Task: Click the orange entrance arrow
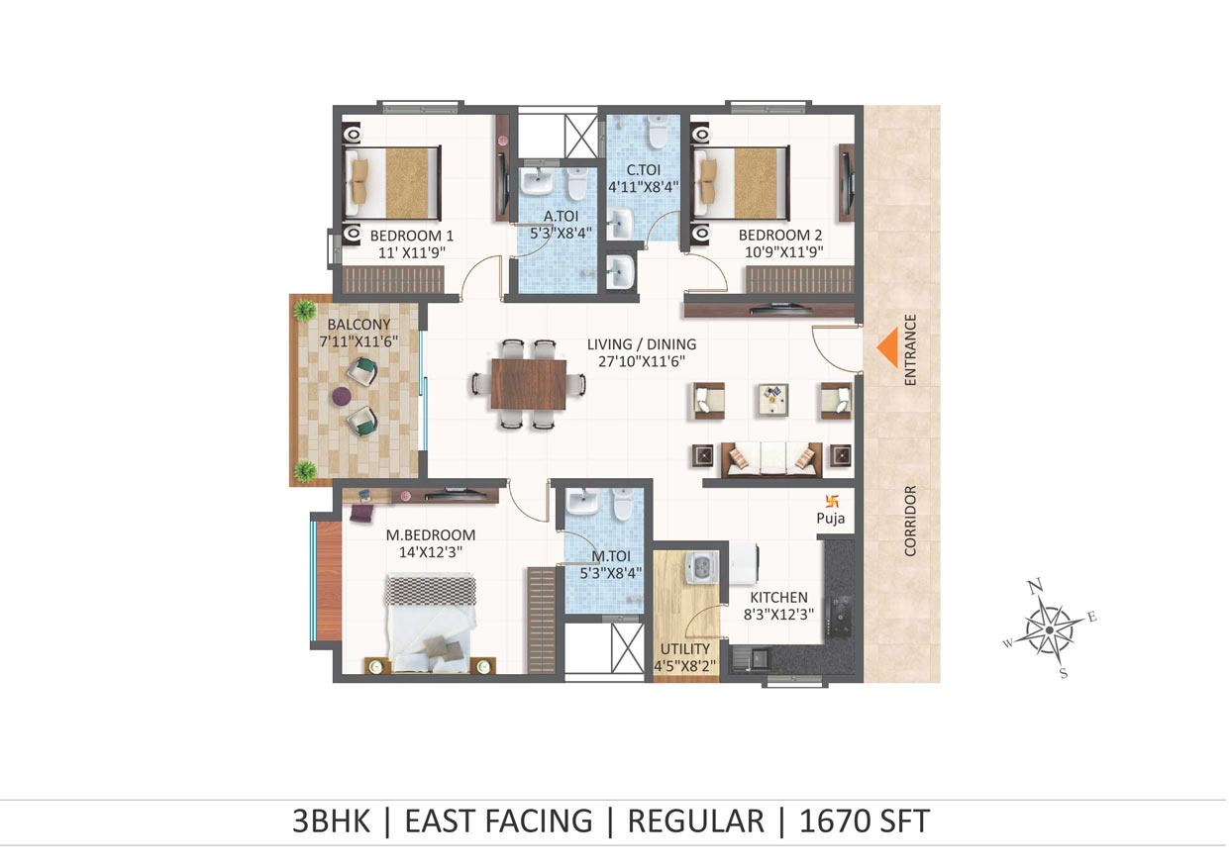[x=887, y=347]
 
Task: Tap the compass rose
[x=1049, y=630]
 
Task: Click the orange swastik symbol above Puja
[x=832, y=501]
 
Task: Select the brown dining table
[x=529, y=384]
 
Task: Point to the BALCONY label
[x=358, y=324]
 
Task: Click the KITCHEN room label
[x=778, y=597]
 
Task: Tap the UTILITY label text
[x=684, y=648]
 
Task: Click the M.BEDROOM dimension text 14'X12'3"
[x=430, y=551]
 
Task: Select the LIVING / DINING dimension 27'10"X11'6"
[x=642, y=361]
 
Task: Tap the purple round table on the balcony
[x=342, y=396]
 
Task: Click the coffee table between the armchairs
[x=773, y=399]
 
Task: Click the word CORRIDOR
[x=910, y=521]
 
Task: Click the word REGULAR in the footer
[x=695, y=820]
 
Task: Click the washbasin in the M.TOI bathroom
[x=582, y=503]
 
